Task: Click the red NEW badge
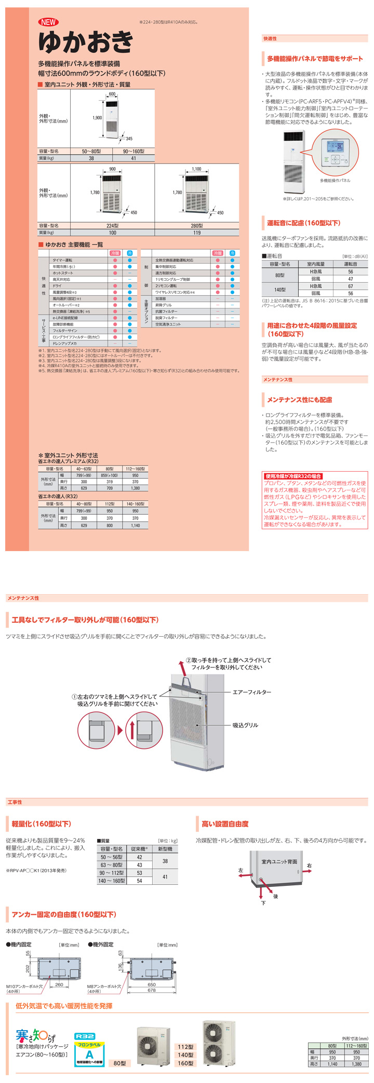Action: [48, 22]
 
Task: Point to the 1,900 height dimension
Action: [97, 118]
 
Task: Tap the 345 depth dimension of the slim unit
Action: [129, 139]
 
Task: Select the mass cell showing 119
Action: [197, 233]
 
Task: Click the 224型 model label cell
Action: [112, 226]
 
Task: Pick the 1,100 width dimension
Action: [196, 169]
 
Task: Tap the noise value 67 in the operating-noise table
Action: [351, 286]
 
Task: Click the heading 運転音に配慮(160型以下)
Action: [303, 223]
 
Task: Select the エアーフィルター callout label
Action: [252, 692]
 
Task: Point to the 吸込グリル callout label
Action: [245, 725]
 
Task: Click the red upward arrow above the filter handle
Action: [182, 665]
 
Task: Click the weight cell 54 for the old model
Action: [139, 881]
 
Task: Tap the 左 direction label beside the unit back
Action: [241, 870]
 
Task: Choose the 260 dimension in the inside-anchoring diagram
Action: [59, 984]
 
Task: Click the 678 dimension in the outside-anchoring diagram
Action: [151, 990]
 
